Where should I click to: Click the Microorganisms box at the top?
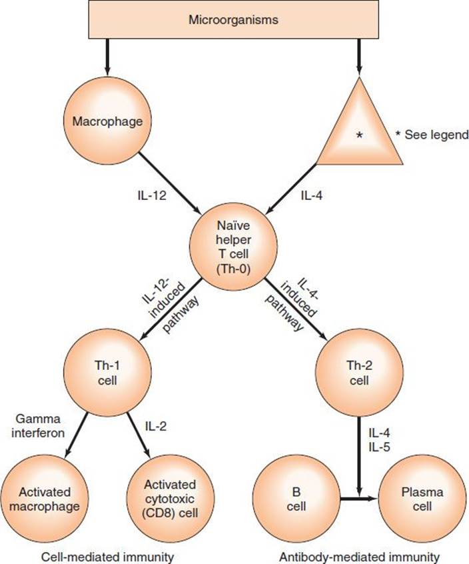[234, 19]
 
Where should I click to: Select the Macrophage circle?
[107, 121]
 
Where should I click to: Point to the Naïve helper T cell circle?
[234, 247]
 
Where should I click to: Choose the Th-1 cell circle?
[107, 373]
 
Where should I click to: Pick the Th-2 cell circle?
[359, 373]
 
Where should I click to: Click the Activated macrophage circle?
[44, 499]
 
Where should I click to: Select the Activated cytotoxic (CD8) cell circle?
[171, 499]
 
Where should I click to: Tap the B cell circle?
[296, 499]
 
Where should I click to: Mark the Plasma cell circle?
[422, 499]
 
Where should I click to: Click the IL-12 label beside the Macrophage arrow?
[152, 195]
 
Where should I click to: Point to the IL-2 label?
[156, 426]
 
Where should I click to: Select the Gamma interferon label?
[38, 426]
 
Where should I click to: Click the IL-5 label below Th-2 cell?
[379, 447]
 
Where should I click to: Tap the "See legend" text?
[436, 135]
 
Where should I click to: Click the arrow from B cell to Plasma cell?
[359, 499]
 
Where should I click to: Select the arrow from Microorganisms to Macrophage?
[107, 57]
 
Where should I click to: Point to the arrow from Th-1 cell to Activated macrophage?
[77, 435]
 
